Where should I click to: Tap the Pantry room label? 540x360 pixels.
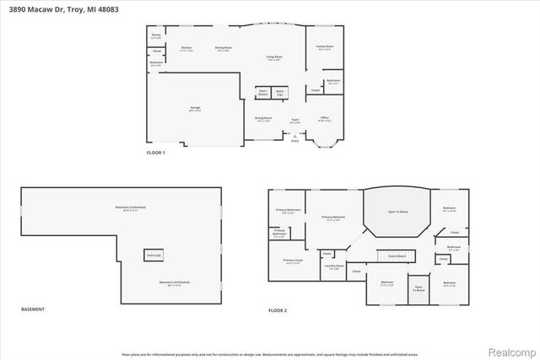tap(155, 36)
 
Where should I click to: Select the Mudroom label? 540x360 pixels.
tap(156, 62)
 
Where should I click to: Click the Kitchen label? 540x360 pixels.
tap(186, 49)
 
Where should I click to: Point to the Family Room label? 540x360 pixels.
tap(325, 48)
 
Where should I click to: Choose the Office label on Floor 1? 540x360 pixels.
tap(324, 119)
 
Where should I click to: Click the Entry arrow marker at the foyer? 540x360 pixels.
tap(295, 139)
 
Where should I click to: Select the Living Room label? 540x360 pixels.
tap(274, 58)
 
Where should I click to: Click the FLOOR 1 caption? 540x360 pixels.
tap(156, 153)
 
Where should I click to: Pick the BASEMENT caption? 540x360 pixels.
tap(32, 310)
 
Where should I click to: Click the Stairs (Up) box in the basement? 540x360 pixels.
tap(154, 254)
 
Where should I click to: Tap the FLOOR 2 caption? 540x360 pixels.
tap(278, 310)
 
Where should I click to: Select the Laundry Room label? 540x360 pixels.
tap(332, 268)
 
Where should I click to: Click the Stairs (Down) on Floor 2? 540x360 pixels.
tap(395, 255)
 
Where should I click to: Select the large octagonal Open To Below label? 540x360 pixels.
tap(397, 212)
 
